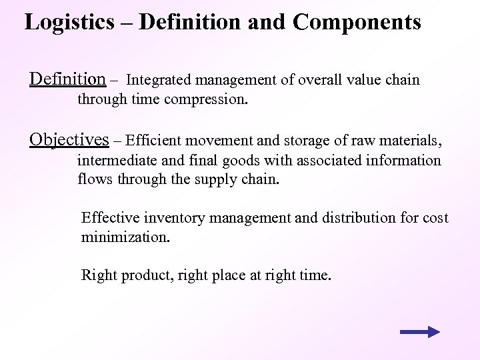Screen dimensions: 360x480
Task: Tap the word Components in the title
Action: point(357,22)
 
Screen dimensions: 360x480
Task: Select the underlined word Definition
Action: point(67,79)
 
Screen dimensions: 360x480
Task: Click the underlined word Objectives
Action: point(69,139)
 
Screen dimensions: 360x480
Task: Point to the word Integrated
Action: point(158,81)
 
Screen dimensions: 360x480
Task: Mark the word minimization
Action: point(125,237)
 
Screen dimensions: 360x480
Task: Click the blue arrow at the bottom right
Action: point(420,332)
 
